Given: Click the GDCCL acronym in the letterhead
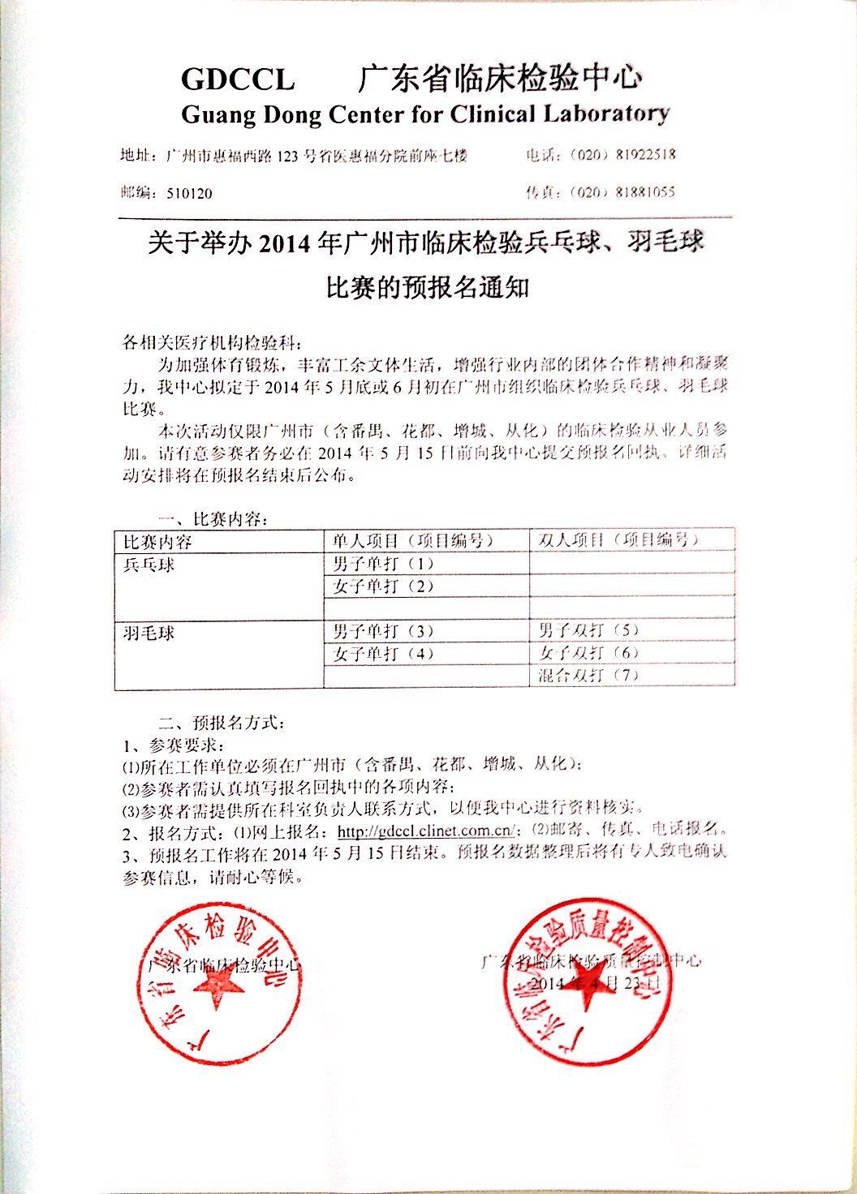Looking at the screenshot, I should point(238,79).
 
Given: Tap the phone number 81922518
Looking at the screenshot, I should point(645,154).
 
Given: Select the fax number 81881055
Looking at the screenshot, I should point(645,192).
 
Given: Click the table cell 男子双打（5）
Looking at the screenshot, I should point(588,629).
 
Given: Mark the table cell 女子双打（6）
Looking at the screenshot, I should point(588,652).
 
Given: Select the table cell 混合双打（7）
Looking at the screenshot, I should point(588,675).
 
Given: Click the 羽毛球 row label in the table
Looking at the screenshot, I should point(149,632).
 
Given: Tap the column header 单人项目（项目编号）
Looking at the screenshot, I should point(413,540).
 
